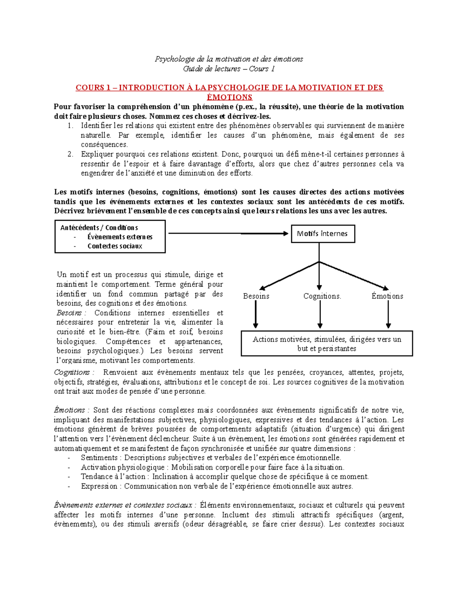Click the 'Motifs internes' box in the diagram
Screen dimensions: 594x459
click(322, 234)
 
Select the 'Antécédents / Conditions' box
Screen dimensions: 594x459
click(110, 236)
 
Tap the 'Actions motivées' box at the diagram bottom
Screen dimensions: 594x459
click(327, 343)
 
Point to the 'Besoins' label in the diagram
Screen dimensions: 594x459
click(256, 296)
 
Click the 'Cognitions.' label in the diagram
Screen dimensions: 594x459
click(322, 296)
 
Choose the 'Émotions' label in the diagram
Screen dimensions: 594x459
click(387, 296)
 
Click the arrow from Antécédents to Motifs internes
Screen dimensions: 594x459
click(228, 233)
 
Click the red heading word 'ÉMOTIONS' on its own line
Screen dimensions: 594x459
click(229, 97)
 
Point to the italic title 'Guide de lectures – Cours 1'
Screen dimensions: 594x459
click(229, 69)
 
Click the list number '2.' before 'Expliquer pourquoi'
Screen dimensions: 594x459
click(70, 155)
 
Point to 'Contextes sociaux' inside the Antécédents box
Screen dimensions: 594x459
click(115, 246)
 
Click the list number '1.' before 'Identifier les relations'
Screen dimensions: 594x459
click(70, 126)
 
